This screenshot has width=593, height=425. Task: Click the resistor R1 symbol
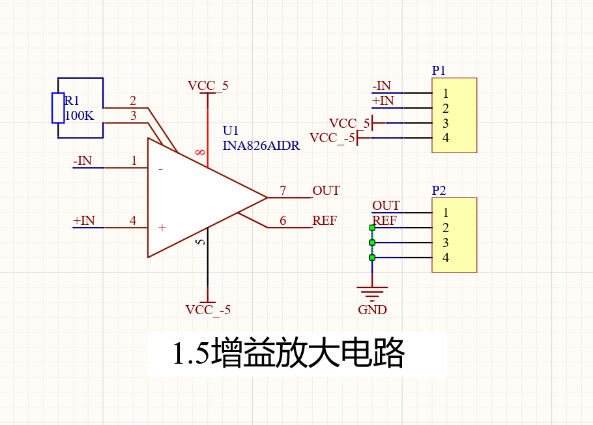tap(58, 108)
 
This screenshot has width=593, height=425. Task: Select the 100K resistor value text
tap(80, 116)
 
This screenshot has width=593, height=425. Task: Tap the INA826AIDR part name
tap(261, 146)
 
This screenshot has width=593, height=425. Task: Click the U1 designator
tap(231, 131)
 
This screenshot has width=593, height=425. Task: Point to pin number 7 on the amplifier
tap(283, 190)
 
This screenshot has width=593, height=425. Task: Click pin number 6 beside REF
tap(283, 220)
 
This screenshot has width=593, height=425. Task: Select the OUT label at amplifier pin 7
tap(326, 190)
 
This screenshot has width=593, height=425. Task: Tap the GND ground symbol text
tap(372, 310)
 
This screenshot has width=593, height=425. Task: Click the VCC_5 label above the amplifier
tap(208, 85)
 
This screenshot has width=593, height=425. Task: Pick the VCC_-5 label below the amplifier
tap(208, 310)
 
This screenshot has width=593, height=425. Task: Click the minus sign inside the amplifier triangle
tap(160, 169)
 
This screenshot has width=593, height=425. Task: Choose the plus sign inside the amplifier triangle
tap(162, 227)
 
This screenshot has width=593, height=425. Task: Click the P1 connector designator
tap(439, 70)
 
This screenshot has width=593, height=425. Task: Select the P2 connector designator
tap(439, 190)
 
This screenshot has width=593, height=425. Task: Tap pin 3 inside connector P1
tap(446, 123)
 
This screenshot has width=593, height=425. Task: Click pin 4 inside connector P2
tap(446, 257)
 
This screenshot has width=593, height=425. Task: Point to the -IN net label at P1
tap(381, 85)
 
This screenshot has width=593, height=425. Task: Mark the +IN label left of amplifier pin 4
tap(84, 220)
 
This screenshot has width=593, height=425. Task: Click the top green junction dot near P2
tap(372, 227)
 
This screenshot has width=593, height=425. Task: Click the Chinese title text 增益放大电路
tap(289, 354)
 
